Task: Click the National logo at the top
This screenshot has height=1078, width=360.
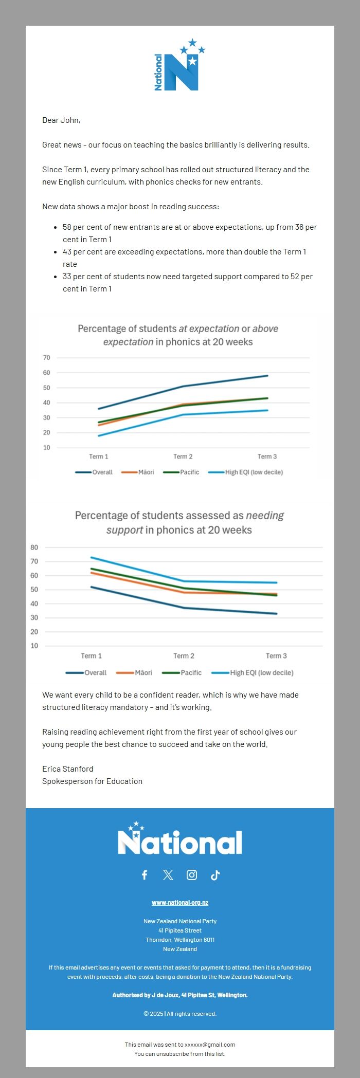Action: pos(179,65)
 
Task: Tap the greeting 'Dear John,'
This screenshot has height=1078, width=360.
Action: pos(61,120)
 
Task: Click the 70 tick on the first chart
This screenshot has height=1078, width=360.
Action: pos(47,358)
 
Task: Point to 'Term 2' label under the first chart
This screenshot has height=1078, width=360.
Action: pos(183,456)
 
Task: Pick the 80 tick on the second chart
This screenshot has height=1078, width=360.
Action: pos(34,547)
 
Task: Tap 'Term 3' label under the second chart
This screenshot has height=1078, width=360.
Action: pos(276,656)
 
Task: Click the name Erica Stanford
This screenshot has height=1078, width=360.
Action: pos(68,769)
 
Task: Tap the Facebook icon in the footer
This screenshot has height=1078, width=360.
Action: pos(145,875)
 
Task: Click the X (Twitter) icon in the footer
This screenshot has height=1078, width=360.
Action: pos(168,875)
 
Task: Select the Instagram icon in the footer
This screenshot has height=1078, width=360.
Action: pos(192,875)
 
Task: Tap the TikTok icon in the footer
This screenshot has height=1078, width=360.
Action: pos(215,875)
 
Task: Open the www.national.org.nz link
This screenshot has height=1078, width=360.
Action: pos(180,903)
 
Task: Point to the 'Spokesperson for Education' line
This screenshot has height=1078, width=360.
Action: pos(93,781)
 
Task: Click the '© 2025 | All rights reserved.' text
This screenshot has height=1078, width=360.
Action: pos(180,1014)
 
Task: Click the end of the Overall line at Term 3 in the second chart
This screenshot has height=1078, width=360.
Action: pos(277,613)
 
